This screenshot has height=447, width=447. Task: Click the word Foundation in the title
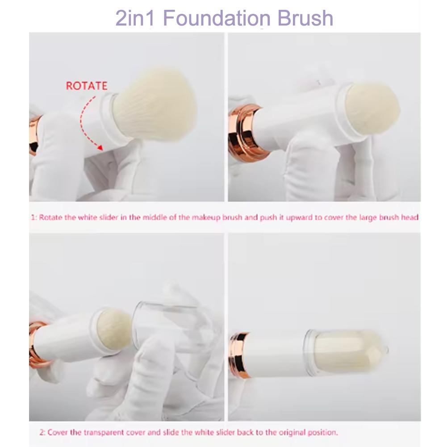pyautogui.click(x=217, y=18)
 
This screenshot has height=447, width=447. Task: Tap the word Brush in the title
pyautogui.click(x=305, y=18)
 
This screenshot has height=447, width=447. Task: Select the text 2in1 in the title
pyautogui.click(x=135, y=18)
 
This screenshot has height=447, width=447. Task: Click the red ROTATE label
pyautogui.click(x=87, y=86)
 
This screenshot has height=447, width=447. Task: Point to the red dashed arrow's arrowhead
pyautogui.click(x=100, y=147)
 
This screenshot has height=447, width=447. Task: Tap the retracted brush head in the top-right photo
pyautogui.click(x=372, y=109)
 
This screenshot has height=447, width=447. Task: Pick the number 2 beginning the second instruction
pyautogui.click(x=42, y=432)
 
